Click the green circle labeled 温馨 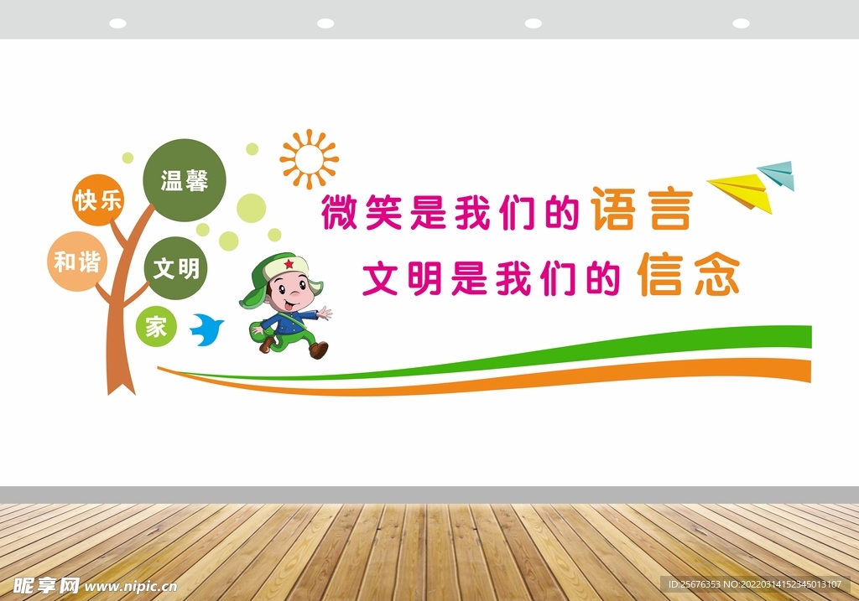185,179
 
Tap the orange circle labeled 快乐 98,200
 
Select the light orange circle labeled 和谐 77,262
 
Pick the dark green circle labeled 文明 176,268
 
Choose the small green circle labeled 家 156,327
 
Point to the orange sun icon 309,158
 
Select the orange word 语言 642,210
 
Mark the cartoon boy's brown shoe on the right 318,350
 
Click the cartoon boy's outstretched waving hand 325,313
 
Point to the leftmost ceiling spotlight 117,23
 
